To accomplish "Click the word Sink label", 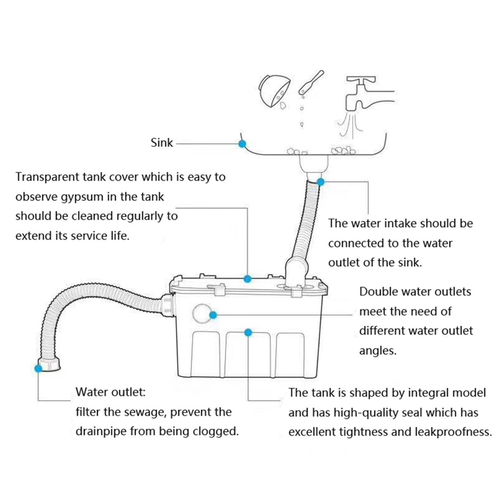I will pyautogui.click(x=162, y=143).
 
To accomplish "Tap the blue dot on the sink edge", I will pyautogui.click(x=242, y=143).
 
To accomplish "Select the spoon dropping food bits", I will pyautogui.click(x=310, y=83).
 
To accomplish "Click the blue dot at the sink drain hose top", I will pyautogui.click(x=321, y=181).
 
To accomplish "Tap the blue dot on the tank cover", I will pyautogui.click(x=248, y=279).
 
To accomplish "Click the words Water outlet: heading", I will pyautogui.click(x=110, y=392).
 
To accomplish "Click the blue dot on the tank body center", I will pyautogui.click(x=248, y=332).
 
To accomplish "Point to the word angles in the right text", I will pyautogui.click(x=378, y=351).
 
